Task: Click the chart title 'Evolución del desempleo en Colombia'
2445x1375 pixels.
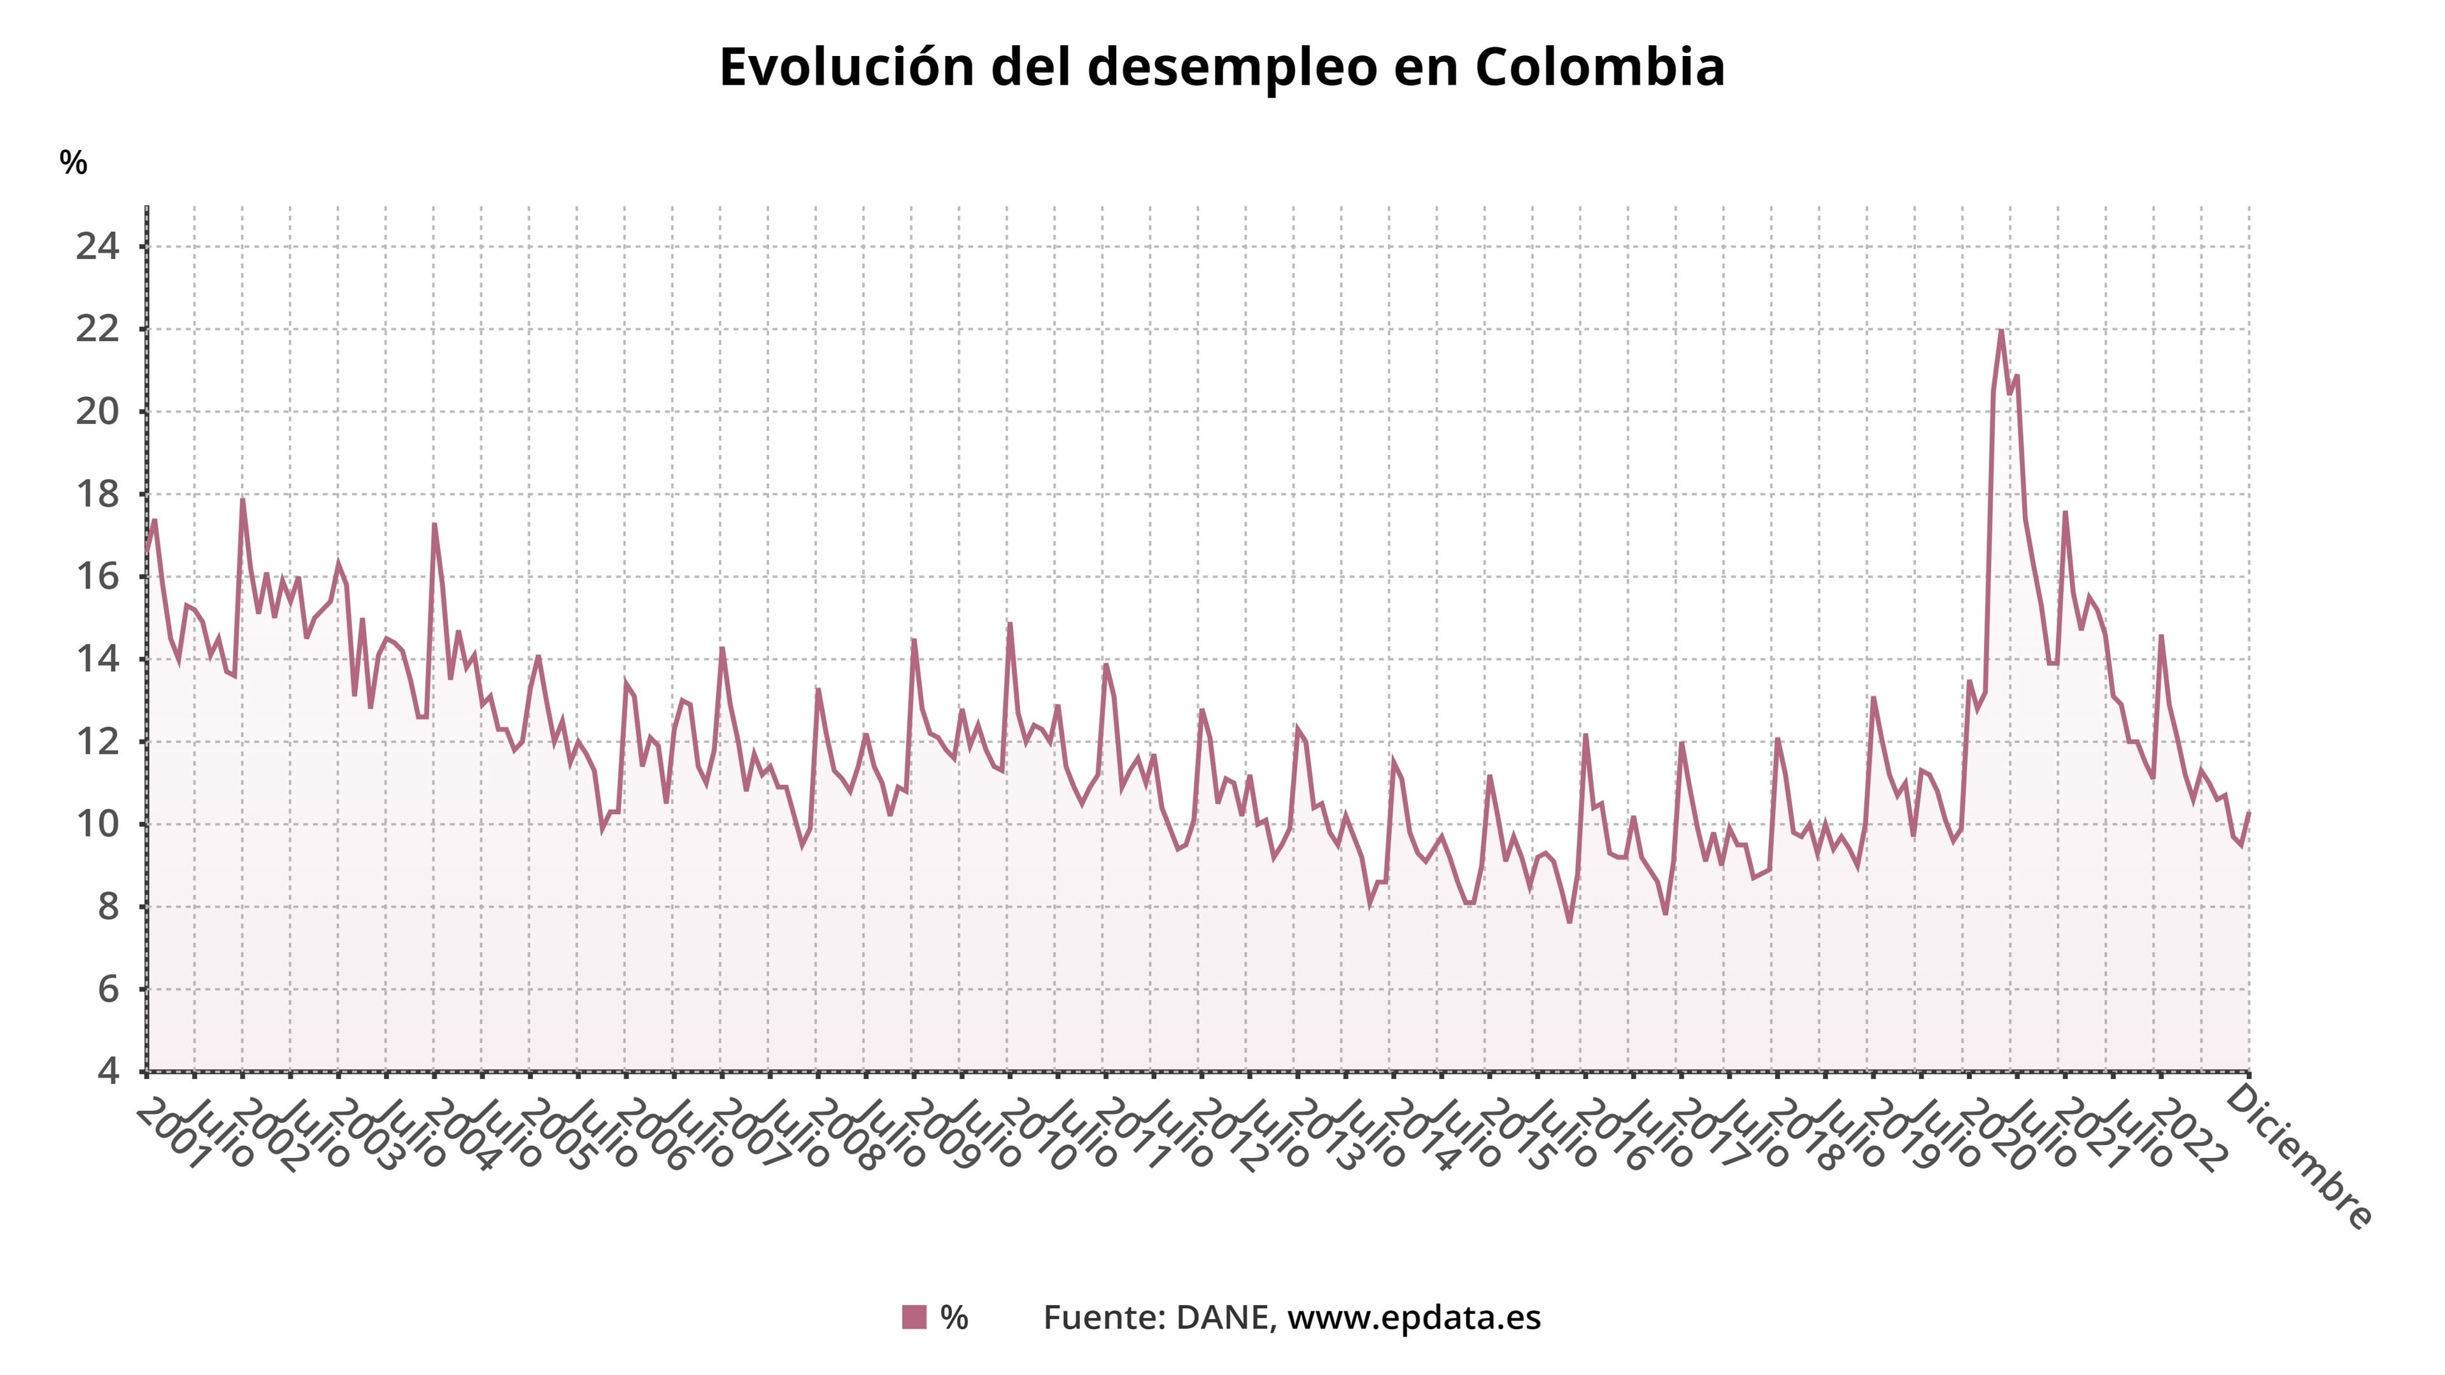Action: [x=1222, y=67]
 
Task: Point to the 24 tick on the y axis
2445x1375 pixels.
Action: [x=98, y=248]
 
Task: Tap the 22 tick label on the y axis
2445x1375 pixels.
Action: [x=98, y=330]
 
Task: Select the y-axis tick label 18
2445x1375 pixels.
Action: [x=98, y=495]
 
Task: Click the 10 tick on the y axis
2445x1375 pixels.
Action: [x=98, y=824]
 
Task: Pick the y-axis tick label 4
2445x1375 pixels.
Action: [x=108, y=1071]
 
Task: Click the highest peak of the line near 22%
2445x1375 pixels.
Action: [x=2001, y=330]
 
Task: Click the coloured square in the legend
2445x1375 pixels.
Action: [x=914, y=1317]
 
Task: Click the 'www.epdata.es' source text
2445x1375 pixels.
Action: [x=1414, y=1317]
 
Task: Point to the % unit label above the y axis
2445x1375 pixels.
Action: [x=73, y=163]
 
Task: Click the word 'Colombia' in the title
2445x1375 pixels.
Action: [x=1599, y=67]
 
